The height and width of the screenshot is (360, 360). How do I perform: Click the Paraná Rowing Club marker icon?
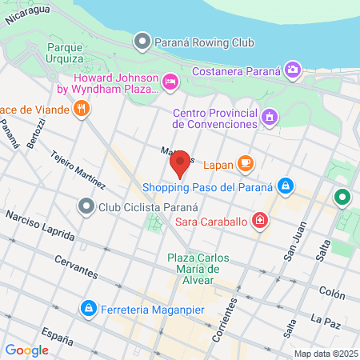pyautogui.click(x=142, y=40)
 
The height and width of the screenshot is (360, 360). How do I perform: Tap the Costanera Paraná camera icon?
pyautogui.click(x=292, y=70)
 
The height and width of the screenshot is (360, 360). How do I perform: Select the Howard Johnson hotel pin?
pyautogui.click(x=169, y=82)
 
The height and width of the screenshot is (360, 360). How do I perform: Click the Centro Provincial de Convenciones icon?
pyautogui.click(x=270, y=118)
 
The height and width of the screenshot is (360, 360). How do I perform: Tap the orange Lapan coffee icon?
pyautogui.click(x=245, y=164)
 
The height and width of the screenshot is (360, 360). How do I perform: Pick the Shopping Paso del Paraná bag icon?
pyautogui.click(x=285, y=187)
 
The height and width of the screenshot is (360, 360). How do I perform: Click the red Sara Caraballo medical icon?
pyautogui.click(x=260, y=219)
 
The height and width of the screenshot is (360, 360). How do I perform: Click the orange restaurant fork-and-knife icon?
pyautogui.click(x=81, y=109)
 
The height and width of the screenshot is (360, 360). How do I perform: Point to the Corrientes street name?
pyautogui.click(x=230, y=321)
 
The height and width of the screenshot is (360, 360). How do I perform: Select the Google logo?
pyautogui.click(x=26, y=350)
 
